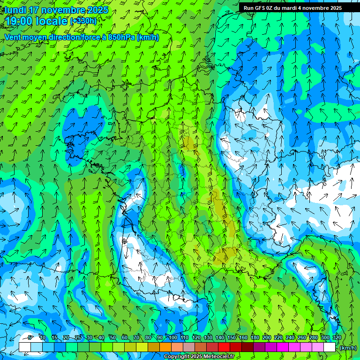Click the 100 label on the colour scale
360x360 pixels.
coord(173,337)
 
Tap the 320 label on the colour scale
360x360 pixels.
coord(337,337)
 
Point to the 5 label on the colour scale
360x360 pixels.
coord(30,337)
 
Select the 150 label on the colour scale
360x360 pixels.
coord(232,337)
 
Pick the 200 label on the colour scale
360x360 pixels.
coord(267,337)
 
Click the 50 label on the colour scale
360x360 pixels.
coord(112,337)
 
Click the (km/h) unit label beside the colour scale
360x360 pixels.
coord(348,348)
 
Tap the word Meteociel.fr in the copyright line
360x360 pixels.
coord(216,357)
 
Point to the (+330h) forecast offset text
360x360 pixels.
coord(83,21)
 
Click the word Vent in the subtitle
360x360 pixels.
coord(13,37)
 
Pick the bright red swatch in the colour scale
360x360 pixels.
coord(224,347)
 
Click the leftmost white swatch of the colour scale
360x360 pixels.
coord(25,347)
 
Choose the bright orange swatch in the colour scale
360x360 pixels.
coord(165,347)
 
